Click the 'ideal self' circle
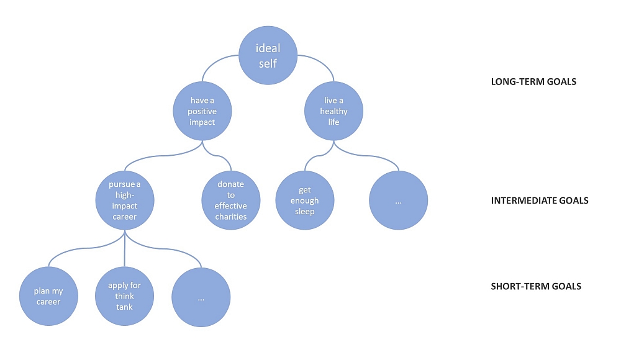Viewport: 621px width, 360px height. (x=268, y=55)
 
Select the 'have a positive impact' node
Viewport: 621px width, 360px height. (x=202, y=111)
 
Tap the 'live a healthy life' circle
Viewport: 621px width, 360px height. (x=333, y=111)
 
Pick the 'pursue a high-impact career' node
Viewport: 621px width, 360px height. (x=125, y=200)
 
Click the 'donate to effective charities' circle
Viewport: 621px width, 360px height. (x=231, y=200)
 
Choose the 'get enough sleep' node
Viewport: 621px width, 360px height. (x=305, y=200)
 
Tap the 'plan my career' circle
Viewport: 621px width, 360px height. (x=48, y=296)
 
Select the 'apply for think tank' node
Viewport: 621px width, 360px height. (x=124, y=296)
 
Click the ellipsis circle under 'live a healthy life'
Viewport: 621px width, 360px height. (x=399, y=200)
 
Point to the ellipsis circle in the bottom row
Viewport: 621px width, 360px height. (x=201, y=297)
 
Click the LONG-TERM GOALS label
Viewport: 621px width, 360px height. (x=533, y=82)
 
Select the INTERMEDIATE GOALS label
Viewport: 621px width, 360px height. (x=540, y=200)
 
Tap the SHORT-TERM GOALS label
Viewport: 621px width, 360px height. (x=536, y=286)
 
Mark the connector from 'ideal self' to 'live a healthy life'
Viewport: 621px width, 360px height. (x=322, y=61)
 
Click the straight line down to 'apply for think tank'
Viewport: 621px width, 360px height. (x=125, y=248)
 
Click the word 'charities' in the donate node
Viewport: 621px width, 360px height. (x=231, y=217)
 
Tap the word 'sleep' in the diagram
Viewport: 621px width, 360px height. (x=304, y=212)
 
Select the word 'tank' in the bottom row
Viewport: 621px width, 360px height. (x=124, y=307)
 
